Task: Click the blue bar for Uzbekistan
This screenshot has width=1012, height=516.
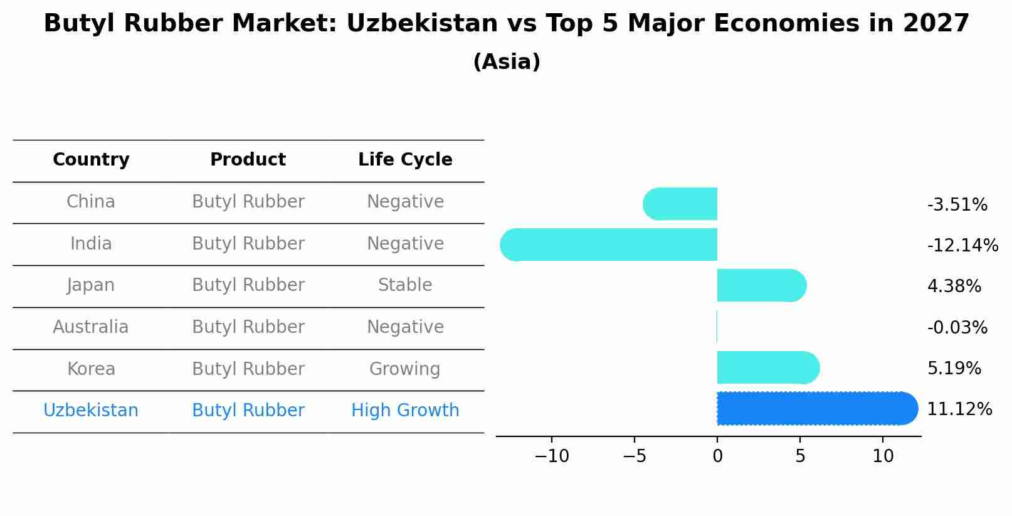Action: pos(815,408)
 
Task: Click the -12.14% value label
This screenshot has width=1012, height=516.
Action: pos(962,245)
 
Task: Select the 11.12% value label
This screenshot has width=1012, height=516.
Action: pos(959,409)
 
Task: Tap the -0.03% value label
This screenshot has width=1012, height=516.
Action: pos(957,327)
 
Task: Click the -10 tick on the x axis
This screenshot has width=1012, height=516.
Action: pos(551,456)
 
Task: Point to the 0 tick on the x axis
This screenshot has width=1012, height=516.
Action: pos(717,456)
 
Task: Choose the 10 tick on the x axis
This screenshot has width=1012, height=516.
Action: pos(883,456)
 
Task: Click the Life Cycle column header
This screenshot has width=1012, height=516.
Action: pos(405,160)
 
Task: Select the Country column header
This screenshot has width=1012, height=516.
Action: pos(91,160)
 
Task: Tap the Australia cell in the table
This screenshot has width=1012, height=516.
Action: pos(91,327)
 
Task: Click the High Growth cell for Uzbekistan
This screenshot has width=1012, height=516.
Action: pos(405,411)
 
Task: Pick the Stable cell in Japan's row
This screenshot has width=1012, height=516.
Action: pos(405,285)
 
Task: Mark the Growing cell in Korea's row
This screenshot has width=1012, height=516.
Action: pos(405,369)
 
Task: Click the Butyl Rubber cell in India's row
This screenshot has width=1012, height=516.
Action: pos(248,243)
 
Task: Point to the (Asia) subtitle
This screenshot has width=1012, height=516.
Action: pos(507,62)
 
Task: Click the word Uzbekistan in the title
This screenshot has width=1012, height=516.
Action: pos(421,24)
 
